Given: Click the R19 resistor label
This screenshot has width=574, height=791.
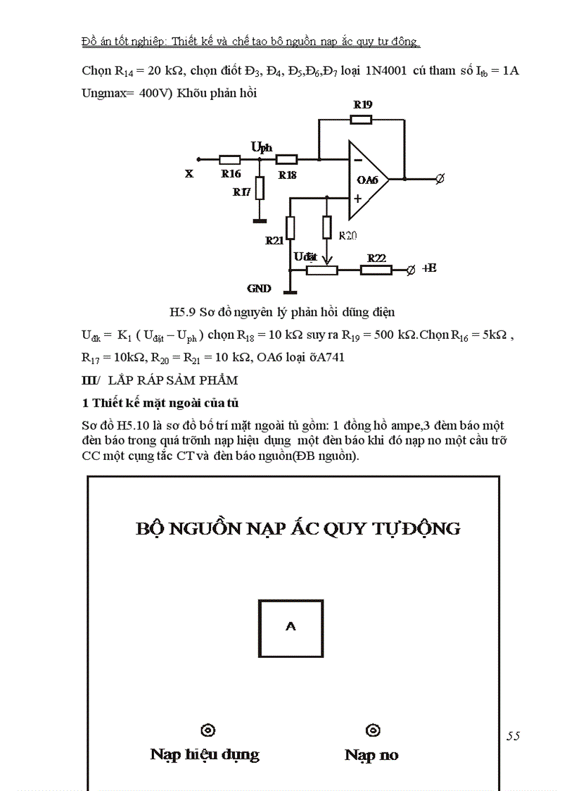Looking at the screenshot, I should [363, 104].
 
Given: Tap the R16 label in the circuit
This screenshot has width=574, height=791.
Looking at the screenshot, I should [231, 173].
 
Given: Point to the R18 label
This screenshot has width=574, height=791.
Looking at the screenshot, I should [287, 175].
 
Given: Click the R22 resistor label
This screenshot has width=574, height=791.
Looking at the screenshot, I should [376, 259].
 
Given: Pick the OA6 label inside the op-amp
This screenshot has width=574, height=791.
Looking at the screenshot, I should [367, 180].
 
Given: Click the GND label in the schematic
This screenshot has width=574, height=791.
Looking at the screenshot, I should [259, 289].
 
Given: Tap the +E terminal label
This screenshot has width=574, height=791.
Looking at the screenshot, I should [429, 268].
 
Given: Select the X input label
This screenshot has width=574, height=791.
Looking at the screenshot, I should [189, 173].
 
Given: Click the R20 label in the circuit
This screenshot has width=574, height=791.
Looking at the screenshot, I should [348, 235].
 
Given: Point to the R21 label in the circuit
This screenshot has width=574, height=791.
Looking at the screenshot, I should [274, 240].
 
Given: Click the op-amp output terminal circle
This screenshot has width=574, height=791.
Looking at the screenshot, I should [440, 179].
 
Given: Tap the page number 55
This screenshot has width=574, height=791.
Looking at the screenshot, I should [513, 735].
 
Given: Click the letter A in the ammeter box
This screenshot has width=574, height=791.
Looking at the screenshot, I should [290, 625].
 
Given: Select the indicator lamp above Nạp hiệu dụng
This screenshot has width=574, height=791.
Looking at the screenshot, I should [208, 730].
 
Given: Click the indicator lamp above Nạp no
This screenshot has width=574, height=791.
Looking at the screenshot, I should [373, 730].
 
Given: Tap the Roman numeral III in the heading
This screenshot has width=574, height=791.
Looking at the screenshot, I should [89, 380].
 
